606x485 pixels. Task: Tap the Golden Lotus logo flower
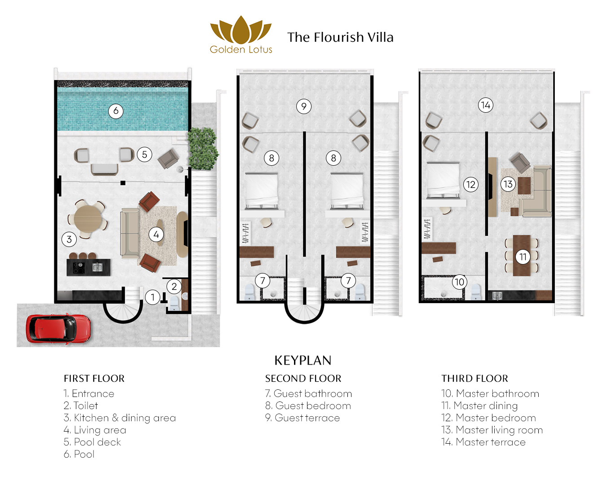241,30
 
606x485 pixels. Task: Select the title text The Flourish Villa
340,37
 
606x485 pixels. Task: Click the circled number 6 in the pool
116,111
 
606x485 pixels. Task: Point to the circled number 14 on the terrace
485,105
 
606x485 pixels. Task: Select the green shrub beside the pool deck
203,148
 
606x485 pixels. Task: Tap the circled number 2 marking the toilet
174,286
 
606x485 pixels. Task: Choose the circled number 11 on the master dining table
523,257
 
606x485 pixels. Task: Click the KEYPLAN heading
303,360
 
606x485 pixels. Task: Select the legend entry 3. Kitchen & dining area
120,418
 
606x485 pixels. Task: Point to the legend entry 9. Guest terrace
303,418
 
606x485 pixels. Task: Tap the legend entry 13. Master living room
492,430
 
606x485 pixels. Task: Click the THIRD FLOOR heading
474,379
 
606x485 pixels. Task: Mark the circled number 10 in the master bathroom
459,282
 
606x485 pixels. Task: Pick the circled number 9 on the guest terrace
304,106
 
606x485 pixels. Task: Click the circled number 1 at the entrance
153,297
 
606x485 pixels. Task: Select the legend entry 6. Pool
79,454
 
